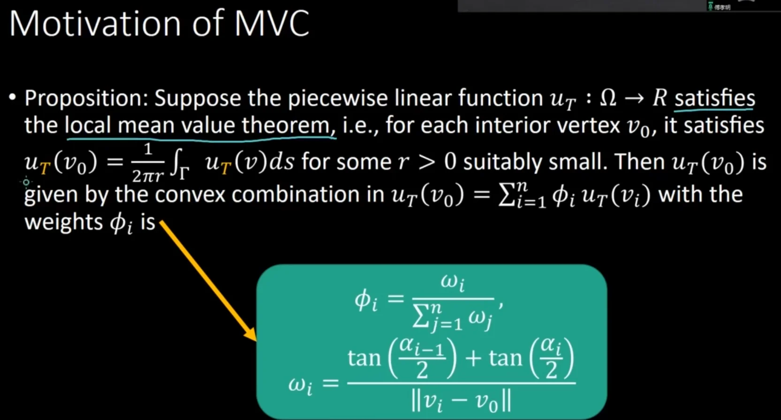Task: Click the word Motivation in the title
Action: click(94, 23)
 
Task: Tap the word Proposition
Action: click(86, 99)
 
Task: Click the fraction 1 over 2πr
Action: click(148, 163)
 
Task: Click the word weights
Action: click(63, 222)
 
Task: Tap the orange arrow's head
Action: click(250, 334)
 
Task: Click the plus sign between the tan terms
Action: click(473, 358)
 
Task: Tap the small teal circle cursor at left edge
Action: click(26, 182)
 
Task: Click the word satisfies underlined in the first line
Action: click(714, 98)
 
